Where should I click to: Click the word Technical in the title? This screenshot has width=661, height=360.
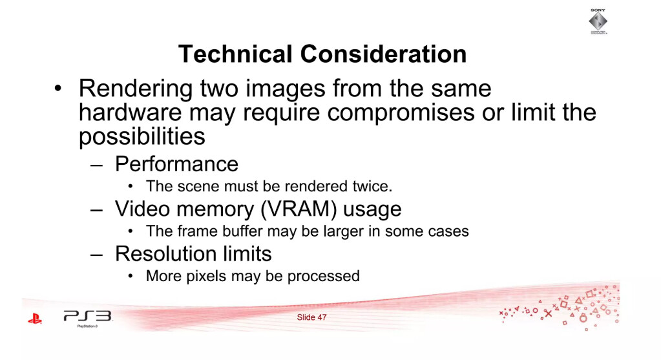tap(235, 54)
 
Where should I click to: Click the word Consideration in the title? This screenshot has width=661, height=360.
tap(383, 54)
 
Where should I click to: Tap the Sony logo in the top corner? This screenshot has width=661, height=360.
tap(598, 21)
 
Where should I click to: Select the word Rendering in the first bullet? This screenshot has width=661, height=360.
tap(136, 89)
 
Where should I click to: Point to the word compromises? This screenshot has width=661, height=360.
tap(401, 113)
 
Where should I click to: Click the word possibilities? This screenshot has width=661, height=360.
tap(142, 136)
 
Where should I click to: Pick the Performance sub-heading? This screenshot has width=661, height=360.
tap(176, 164)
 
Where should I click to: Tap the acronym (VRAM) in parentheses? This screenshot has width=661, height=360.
tap(299, 209)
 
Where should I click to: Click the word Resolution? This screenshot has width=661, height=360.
tap(165, 254)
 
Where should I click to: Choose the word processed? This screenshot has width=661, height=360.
tap(323, 276)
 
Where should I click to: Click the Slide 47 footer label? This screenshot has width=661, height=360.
tap(311, 317)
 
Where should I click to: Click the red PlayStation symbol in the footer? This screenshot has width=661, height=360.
tap(35, 319)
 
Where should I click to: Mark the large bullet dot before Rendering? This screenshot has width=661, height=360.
tap(58, 89)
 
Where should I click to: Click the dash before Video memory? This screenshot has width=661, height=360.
tap(96, 210)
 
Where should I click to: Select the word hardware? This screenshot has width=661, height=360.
tap(131, 113)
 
